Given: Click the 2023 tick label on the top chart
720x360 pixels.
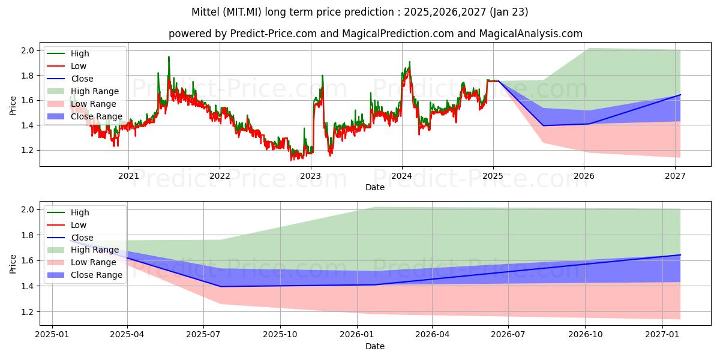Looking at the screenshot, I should click(310, 176).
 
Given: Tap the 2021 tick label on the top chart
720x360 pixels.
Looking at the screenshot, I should click(128, 176).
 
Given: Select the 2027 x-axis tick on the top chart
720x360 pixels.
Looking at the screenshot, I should click(676, 176).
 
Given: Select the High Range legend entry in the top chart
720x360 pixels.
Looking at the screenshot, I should click(95, 91).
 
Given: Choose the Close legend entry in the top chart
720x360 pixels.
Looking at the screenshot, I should click(82, 79).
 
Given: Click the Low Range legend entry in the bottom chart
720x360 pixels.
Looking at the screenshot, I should click(94, 262).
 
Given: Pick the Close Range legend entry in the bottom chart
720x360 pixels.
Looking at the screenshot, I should click(97, 275).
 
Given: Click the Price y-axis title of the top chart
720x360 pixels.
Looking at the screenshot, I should click(13, 106).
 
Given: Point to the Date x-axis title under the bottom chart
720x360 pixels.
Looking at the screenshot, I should click(375, 346).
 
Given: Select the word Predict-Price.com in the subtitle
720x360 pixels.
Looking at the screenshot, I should click(274, 34).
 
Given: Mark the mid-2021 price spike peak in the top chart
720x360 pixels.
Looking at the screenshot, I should click(169, 57).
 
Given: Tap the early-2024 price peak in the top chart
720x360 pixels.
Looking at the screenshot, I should click(409, 62).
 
